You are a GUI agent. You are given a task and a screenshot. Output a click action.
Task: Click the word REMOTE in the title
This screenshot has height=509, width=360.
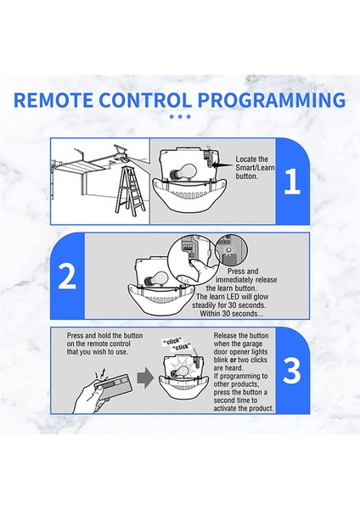(x=53, y=100)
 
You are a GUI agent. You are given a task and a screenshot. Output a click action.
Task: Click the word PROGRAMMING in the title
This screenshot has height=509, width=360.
(x=272, y=100)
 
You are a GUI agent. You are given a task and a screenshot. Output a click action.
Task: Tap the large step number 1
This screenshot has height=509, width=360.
(x=291, y=182)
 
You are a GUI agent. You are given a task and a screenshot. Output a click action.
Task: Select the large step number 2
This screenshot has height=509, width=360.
(x=67, y=276)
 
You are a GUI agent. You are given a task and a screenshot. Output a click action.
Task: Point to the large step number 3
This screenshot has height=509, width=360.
(x=291, y=371)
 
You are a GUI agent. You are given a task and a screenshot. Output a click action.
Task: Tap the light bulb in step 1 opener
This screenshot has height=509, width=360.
(x=183, y=172)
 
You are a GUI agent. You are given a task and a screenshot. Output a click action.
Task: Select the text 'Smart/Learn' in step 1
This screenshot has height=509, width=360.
(x=255, y=168)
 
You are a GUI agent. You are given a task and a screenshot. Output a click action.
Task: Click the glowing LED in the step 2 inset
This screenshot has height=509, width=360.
(x=228, y=250)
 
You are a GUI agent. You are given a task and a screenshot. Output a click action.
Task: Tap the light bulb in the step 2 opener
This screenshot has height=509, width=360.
(x=156, y=279)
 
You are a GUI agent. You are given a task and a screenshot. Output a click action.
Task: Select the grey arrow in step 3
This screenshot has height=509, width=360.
(x=145, y=378)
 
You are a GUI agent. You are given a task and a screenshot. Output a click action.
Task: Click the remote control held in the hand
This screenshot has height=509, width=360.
(x=112, y=386)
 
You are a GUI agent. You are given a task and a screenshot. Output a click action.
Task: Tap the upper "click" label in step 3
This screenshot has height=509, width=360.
(x=172, y=342)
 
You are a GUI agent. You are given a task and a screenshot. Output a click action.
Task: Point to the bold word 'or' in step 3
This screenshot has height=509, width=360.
(x=233, y=360)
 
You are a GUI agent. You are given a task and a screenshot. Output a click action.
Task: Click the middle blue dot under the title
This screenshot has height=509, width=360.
(x=180, y=117)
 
